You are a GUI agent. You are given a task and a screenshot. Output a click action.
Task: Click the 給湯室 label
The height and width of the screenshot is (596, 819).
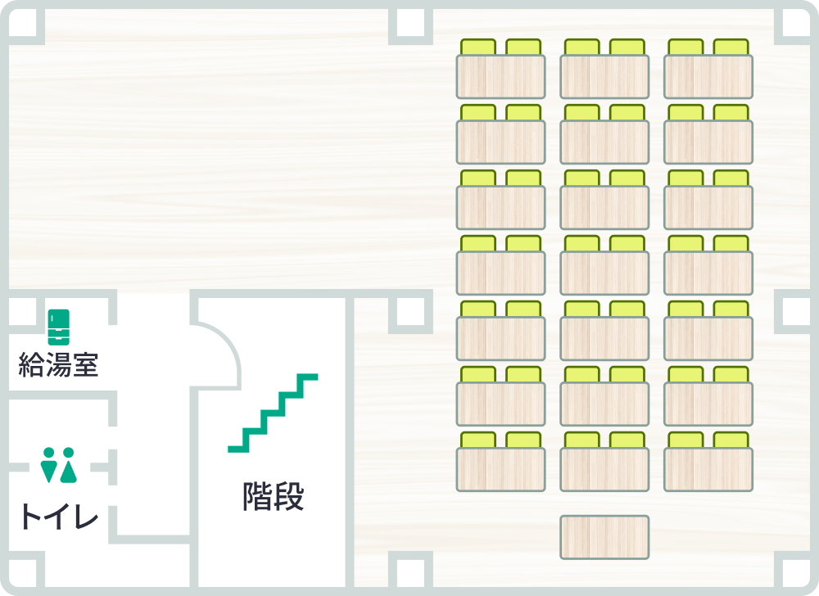58,364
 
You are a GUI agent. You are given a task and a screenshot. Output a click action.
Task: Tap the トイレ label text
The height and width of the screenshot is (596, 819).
59,517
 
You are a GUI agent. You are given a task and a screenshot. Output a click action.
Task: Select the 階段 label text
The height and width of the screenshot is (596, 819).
274,496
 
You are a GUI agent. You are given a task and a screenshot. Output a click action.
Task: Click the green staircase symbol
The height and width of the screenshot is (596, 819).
273,413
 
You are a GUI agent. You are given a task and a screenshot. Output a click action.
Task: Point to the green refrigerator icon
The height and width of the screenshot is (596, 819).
58,327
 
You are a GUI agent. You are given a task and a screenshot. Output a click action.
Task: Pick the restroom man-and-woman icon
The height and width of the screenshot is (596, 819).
58,464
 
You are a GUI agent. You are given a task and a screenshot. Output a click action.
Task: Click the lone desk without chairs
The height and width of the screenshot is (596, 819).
604,538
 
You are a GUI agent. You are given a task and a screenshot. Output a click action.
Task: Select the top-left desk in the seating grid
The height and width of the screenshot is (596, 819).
500,77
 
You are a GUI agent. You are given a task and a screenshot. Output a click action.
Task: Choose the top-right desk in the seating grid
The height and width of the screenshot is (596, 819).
708,77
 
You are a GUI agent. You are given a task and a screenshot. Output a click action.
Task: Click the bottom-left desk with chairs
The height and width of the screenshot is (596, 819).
500,469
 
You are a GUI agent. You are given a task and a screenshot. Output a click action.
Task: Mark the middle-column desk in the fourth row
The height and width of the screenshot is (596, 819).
604,273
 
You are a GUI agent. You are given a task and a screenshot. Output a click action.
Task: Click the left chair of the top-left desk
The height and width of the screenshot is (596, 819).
478,47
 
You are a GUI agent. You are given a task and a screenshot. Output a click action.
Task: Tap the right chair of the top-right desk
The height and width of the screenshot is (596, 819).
731,47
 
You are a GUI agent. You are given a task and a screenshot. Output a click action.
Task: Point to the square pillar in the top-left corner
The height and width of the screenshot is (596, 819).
23,23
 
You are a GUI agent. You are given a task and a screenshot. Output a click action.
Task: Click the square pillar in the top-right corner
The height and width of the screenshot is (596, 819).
796,23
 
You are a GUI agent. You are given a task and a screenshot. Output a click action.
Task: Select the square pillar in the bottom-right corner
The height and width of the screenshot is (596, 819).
796,573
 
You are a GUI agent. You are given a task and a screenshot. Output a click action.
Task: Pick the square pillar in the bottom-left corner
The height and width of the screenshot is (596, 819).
23,573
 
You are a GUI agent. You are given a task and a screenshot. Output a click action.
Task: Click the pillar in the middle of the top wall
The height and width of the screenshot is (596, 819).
410,23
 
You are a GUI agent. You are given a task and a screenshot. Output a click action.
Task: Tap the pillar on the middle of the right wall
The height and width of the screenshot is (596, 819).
796,312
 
